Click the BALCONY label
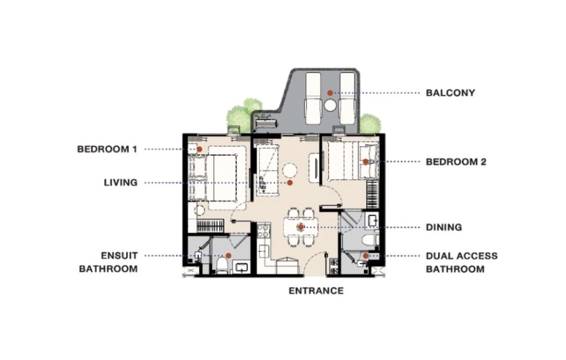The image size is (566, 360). (450, 93)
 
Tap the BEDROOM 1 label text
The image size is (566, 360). (107, 149)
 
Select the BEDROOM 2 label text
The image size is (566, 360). (456, 162)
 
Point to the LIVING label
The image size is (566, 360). (120, 182)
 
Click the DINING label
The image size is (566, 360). (444, 227)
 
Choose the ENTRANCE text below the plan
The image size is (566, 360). (316, 291)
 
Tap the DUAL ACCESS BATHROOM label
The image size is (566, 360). (462, 263)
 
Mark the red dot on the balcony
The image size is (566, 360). (329, 93)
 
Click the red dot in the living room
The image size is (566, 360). (289, 182)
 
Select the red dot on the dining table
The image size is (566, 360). (301, 227)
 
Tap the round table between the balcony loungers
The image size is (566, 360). (331, 106)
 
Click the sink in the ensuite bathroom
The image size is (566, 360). (242, 268)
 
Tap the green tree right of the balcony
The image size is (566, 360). (370, 124)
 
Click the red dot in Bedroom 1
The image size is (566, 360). (199, 149)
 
